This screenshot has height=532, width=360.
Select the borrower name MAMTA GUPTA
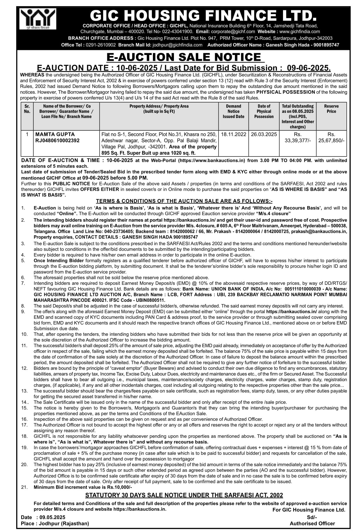(x=55, y=134)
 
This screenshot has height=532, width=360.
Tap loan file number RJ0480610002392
(x=57, y=141)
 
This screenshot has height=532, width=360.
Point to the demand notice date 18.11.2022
(x=233, y=134)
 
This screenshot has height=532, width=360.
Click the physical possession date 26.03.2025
(x=264, y=134)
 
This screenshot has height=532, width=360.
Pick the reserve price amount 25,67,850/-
(x=331, y=141)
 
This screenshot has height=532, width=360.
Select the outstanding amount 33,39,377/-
(x=298, y=141)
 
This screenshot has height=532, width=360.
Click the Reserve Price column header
(x=331, y=109)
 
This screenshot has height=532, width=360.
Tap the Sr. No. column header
(x=27, y=109)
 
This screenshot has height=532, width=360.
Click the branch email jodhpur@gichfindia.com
(x=177, y=45)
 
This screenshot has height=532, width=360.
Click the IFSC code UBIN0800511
(x=152, y=300)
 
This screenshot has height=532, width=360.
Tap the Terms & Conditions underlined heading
(x=184, y=201)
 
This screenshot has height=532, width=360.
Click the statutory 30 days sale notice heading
(x=184, y=495)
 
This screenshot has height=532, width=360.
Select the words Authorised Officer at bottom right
(x=312, y=523)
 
